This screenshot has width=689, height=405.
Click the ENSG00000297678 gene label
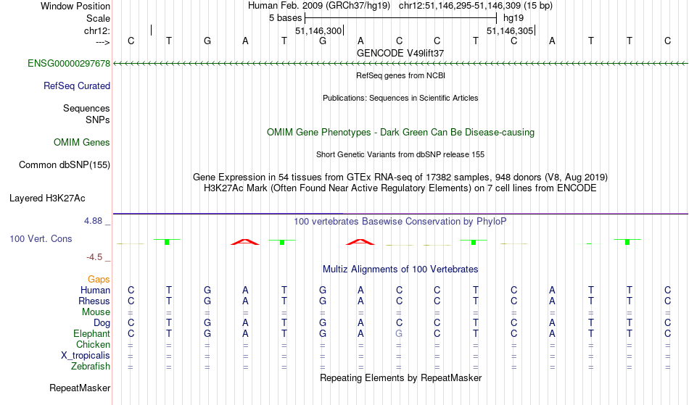tap(69, 64)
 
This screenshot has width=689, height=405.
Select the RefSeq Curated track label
tap(77, 86)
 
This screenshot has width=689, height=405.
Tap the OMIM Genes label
tap(82, 143)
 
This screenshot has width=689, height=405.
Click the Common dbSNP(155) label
tap(65, 165)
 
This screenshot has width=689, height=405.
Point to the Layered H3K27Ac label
tap(47, 199)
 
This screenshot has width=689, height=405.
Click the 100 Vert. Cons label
tap(41, 238)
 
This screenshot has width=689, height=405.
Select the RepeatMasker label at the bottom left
tap(80, 388)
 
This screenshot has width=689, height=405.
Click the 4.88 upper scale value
tap(93, 221)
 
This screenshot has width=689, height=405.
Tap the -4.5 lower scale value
tap(94, 257)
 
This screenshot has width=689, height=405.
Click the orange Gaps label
tap(99, 280)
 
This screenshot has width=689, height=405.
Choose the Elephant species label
tap(92, 334)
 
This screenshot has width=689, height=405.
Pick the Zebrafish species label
tap(91, 367)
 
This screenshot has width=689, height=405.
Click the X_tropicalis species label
tap(86, 356)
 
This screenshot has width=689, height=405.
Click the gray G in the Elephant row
tap(399, 334)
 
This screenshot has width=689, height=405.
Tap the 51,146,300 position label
tap(318, 31)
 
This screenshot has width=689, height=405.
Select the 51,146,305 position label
tap(510, 31)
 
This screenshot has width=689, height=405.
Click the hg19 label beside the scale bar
tap(513, 18)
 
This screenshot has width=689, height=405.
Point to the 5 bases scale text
tap(286, 18)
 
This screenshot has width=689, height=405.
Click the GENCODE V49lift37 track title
tap(400, 53)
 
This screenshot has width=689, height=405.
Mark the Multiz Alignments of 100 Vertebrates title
tap(400, 270)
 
